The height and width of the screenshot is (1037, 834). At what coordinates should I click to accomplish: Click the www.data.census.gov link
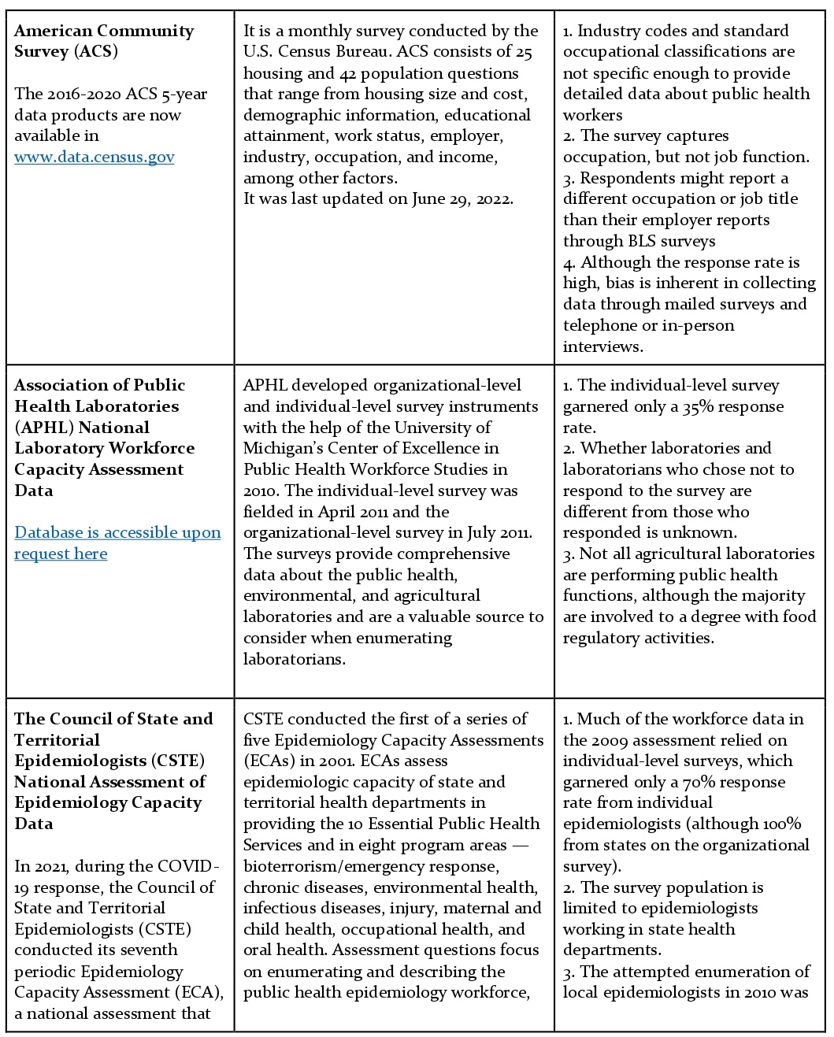pyautogui.click(x=95, y=157)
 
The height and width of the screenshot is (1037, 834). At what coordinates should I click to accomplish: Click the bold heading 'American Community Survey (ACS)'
pyautogui.click(x=103, y=41)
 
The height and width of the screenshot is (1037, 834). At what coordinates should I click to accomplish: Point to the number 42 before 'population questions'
pyautogui.click(x=349, y=73)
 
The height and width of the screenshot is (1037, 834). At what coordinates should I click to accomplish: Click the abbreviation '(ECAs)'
pyautogui.click(x=272, y=761)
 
